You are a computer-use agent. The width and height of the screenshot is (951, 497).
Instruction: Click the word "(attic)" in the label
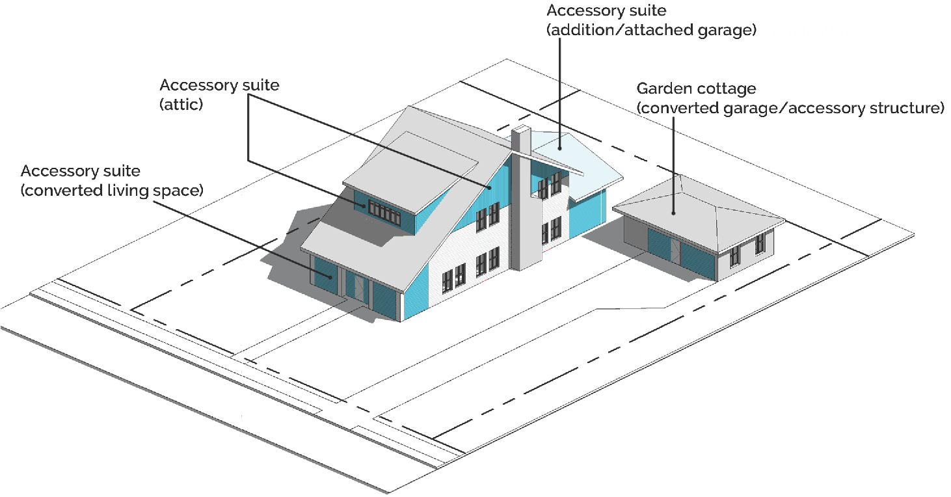181,104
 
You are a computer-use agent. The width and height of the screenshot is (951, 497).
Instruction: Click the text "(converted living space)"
113,191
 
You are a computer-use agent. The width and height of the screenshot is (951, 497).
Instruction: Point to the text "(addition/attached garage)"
651,30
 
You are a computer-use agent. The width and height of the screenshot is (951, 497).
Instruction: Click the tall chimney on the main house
524,202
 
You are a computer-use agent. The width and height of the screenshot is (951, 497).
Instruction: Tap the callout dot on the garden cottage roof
675,211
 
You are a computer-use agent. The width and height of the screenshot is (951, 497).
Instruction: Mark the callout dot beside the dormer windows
364,207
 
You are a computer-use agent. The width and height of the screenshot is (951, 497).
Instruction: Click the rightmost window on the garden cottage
760,244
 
